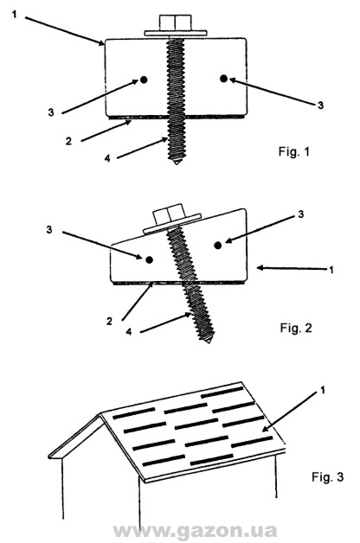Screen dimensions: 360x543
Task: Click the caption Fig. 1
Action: [x=293, y=151]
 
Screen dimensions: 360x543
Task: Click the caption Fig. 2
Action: [x=296, y=327]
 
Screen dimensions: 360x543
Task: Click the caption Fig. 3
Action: [x=327, y=476]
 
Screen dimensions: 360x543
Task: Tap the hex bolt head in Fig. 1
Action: [x=176, y=22]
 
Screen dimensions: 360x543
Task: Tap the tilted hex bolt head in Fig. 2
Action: [x=168, y=216]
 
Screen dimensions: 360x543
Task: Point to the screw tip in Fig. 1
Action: [x=177, y=162]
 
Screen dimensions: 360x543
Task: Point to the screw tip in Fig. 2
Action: [x=208, y=341]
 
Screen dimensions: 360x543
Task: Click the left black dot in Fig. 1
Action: [x=144, y=80]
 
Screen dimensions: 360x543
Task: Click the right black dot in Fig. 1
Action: [x=223, y=79]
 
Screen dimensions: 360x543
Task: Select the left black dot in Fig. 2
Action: [x=150, y=259]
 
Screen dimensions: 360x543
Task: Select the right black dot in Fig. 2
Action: [x=217, y=246]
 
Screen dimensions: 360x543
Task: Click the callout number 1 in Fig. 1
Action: [x=14, y=15]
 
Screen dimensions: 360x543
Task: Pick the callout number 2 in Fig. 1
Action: [x=68, y=141]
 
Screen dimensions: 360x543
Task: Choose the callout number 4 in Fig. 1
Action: [x=107, y=158]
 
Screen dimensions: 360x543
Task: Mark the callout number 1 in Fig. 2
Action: [x=331, y=270]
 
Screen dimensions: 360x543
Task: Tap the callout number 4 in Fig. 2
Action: [x=129, y=331]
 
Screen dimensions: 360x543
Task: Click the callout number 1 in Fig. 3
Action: [x=323, y=391]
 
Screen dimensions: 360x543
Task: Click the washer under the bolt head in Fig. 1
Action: [x=176, y=33]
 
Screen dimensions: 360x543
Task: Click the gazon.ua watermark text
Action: [x=195, y=531]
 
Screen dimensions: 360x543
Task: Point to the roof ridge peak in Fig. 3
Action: [x=101, y=413]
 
